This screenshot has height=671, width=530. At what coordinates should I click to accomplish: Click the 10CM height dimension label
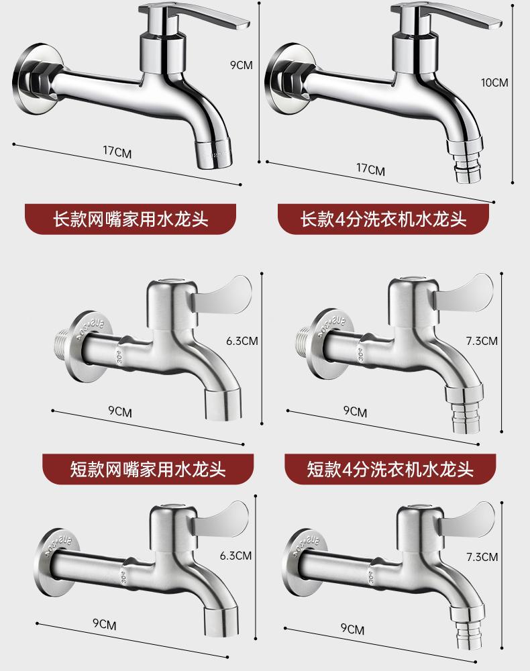495,83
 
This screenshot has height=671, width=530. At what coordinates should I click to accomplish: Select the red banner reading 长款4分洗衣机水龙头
383,219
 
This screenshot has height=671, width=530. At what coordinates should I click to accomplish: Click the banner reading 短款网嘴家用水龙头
148,468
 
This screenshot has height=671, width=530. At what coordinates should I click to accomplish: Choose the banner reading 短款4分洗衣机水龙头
390,468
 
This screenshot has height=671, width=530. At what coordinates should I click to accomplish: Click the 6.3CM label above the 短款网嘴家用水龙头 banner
242,340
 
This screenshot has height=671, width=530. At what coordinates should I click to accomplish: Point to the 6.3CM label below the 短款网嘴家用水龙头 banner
235,556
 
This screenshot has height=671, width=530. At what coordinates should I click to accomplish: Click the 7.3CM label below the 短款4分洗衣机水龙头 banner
482,557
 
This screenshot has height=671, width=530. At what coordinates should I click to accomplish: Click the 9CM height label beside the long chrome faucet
241,65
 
